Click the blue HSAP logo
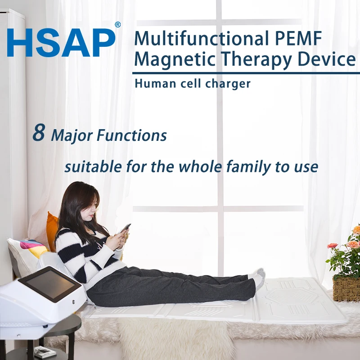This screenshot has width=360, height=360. click(61, 42)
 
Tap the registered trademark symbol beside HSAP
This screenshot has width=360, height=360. click(117, 25)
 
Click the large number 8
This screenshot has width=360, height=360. click(39, 132)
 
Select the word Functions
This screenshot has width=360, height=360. click(131, 135)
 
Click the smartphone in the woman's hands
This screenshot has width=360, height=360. click(125, 228)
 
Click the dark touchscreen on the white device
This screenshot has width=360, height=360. click(50, 284)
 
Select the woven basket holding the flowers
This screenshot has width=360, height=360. click(346, 289)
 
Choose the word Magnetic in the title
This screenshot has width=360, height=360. click(175, 59)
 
